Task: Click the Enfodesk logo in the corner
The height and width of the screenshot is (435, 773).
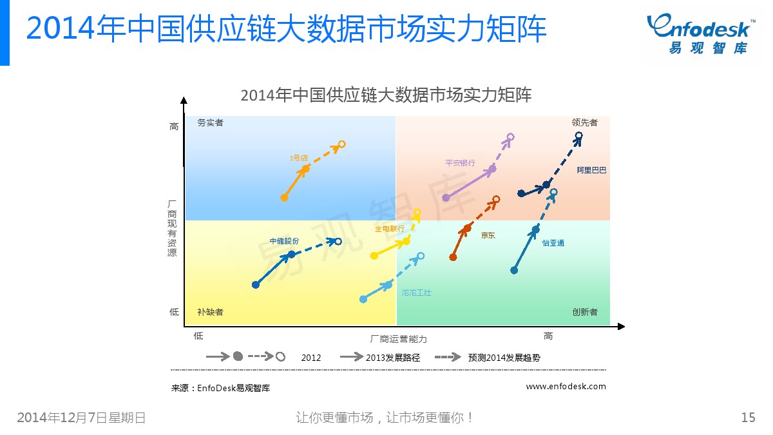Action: tap(701, 34)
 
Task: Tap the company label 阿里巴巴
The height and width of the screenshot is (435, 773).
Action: tap(591, 170)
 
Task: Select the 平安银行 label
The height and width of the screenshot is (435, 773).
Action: tap(460, 163)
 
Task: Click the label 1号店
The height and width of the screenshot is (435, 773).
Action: tap(298, 158)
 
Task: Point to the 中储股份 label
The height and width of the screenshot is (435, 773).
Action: tap(284, 241)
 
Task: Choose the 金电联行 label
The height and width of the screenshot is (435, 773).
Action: tap(390, 229)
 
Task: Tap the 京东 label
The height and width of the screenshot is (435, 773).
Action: tap(488, 235)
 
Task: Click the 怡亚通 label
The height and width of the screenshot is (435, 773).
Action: tap(553, 243)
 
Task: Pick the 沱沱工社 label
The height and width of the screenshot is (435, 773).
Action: tap(417, 293)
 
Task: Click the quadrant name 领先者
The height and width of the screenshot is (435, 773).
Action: tap(585, 122)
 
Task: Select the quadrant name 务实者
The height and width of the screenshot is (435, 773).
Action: tap(210, 122)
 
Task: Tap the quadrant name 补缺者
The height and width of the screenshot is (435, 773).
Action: tap(210, 312)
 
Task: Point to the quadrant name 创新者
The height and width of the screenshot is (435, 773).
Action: tap(585, 312)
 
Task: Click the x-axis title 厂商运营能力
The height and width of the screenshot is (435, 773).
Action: tap(398, 339)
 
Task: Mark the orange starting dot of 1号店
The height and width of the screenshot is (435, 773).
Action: tap(284, 198)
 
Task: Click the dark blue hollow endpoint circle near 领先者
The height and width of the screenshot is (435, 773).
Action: tap(578, 136)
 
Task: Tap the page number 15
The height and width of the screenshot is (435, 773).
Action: tap(748, 418)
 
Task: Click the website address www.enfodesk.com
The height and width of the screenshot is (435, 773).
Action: tap(566, 386)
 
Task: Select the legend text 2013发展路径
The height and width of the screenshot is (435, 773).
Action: tap(393, 358)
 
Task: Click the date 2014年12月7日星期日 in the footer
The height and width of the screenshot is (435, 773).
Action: tap(81, 418)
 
